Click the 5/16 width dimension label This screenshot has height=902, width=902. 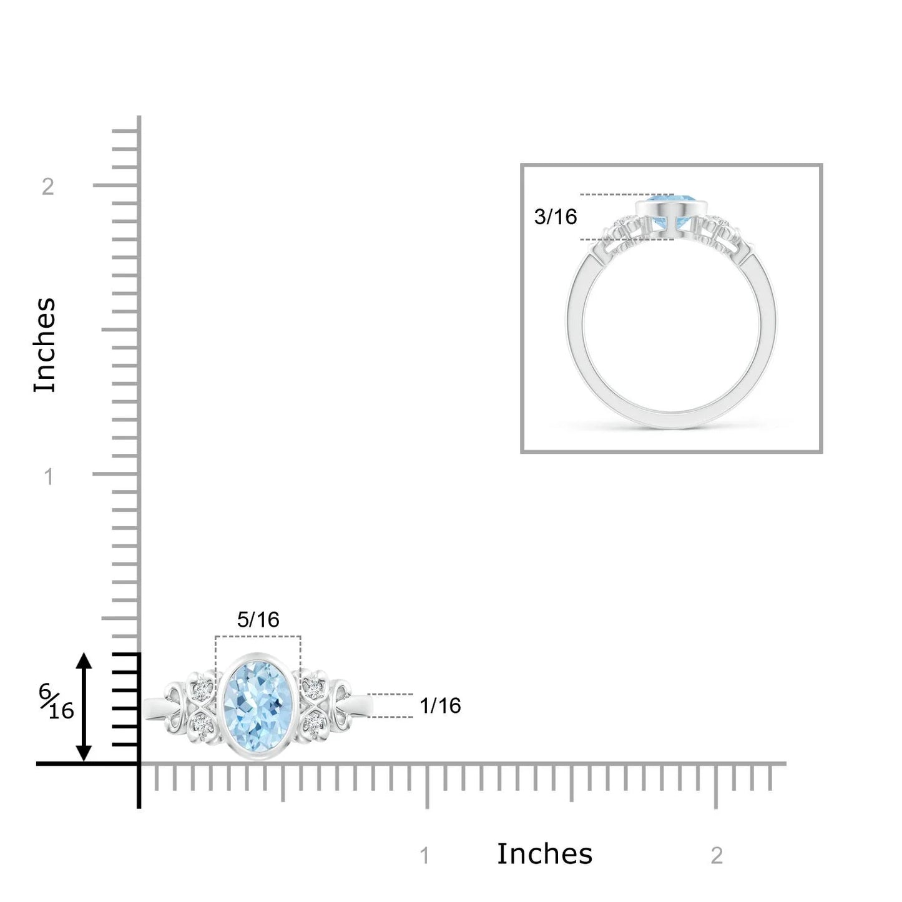[x=258, y=620]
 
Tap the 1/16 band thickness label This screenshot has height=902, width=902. [x=440, y=705]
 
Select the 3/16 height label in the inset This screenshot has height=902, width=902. [x=556, y=217]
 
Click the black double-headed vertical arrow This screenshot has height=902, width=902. [x=84, y=707]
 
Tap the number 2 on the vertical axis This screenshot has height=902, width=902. [x=47, y=187]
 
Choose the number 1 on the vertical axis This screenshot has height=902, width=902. [x=49, y=477]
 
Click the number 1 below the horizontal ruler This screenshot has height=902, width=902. [x=424, y=856]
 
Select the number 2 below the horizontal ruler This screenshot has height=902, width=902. [x=717, y=856]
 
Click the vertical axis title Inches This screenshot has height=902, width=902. [x=45, y=345]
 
